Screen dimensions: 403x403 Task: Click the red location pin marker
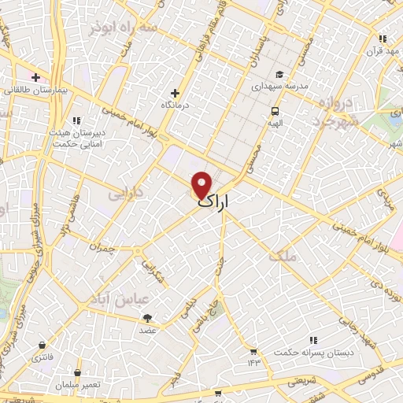pos(202,184)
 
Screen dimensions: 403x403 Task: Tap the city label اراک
pos(215,202)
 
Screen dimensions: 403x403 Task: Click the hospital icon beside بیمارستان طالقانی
pos(35,77)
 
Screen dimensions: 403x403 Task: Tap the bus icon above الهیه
pos(275,111)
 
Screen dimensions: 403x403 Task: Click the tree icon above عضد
pos(148,317)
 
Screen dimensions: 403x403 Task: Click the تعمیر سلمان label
pos(76,385)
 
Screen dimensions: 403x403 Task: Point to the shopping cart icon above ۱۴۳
pos(253,351)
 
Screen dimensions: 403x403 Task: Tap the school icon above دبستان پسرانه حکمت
pos(313,340)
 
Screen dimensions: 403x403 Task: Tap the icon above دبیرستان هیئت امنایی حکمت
pos(76,120)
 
